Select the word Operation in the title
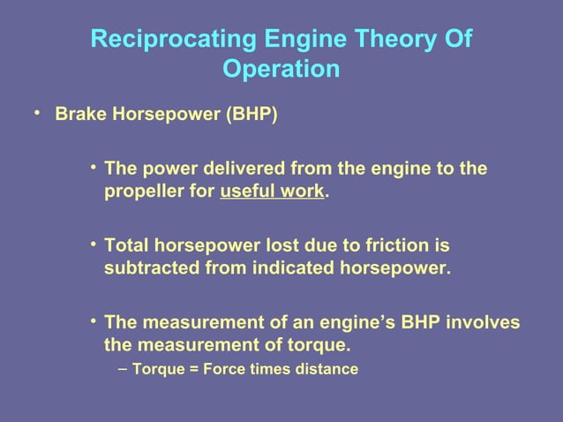click(x=281, y=69)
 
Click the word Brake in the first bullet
click(x=77, y=116)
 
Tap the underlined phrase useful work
click(x=272, y=191)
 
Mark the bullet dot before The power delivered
click(x=93, y=167)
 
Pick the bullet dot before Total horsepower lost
click(x=93, y=244)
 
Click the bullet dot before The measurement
click(x=93, y=320)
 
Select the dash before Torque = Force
click(x=122, y=368)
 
